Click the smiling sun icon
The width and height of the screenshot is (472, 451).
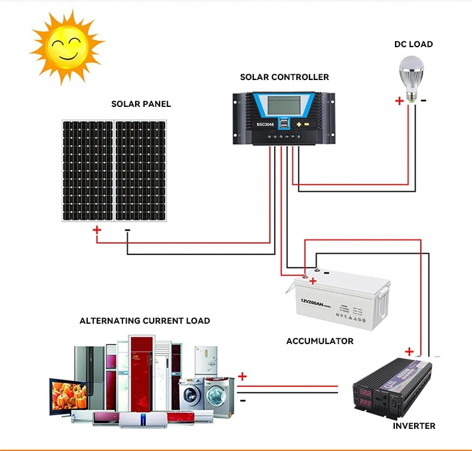(66, 47)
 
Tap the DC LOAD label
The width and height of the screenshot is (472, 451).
(413, 44)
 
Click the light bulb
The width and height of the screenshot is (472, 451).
(412, 75)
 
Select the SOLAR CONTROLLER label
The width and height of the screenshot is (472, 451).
(284, 77)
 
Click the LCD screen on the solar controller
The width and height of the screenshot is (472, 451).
(284, 106)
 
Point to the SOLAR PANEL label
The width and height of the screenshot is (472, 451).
(141, 104)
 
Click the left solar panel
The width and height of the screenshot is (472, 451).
(88, 170)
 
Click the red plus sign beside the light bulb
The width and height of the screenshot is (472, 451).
(399, 101)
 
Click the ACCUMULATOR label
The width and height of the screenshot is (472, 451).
(320, 341)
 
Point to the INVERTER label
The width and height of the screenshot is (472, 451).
(414, 426)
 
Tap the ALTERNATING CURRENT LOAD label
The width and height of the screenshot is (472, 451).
(145, 321)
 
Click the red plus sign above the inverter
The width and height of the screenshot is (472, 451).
(409, 351)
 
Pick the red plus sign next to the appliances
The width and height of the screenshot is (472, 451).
(242, 376)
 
